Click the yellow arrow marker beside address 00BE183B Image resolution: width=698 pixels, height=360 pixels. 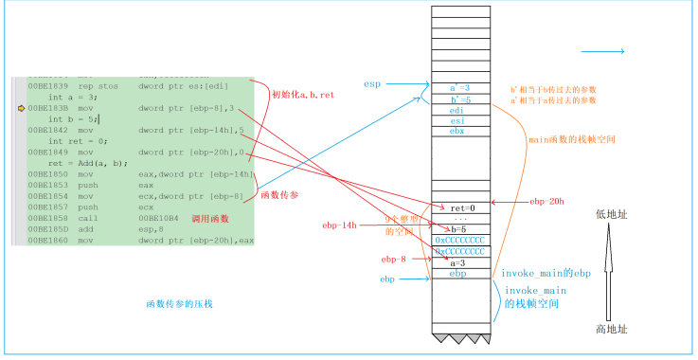click(x=20, y=109)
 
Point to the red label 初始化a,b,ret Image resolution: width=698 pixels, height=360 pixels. click(x=303, y=95)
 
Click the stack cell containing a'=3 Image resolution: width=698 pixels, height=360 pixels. click(x=460, y=88)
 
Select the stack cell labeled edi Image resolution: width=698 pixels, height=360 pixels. click(x=460, y=110)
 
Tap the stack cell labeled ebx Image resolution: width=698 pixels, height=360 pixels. click(x=460, y=132)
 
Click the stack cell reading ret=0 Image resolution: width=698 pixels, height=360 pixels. click(x=460, y=207)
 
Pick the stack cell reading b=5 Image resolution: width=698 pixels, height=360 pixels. click(x=460, y=230)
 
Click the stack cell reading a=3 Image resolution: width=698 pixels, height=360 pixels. click(x=460, y=262)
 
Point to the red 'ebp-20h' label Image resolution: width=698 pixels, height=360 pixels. click(x=546, y=201)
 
